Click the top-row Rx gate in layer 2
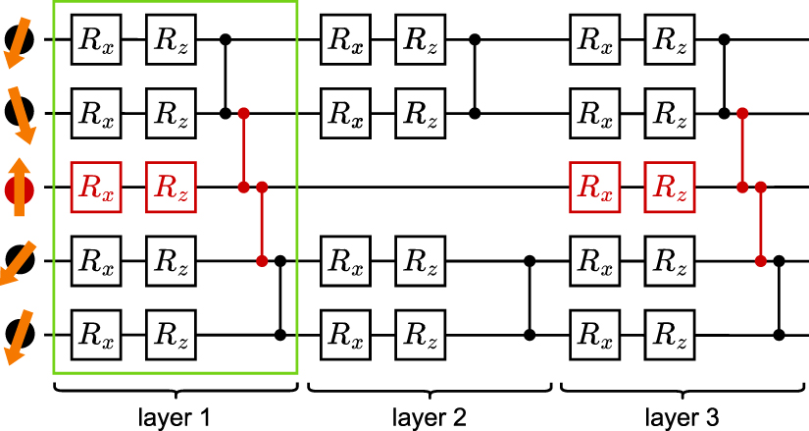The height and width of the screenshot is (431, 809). point(345,39)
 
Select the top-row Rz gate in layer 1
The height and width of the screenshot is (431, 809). point(171,39)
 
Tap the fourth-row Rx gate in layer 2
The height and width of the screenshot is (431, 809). point(345,261)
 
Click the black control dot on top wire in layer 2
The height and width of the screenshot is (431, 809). point(476,39)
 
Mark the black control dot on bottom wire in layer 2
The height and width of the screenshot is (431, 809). point(531,335)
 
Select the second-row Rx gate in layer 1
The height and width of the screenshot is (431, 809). point(96,113)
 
